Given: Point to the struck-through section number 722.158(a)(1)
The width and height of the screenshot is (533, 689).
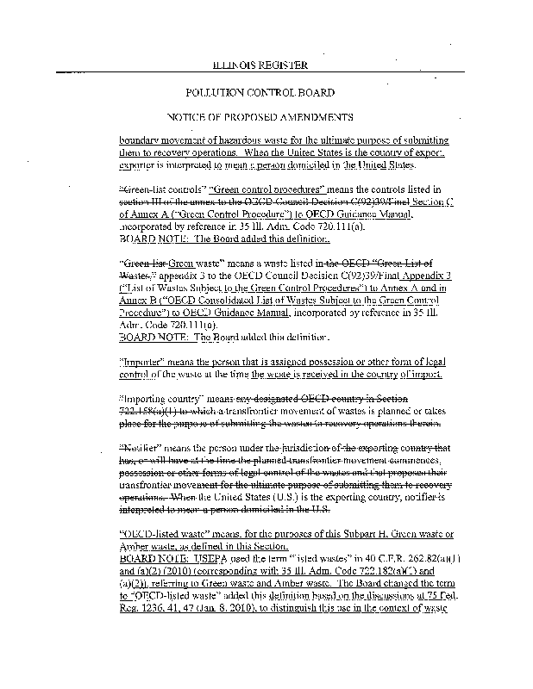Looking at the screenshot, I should [x=154, y=413].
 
